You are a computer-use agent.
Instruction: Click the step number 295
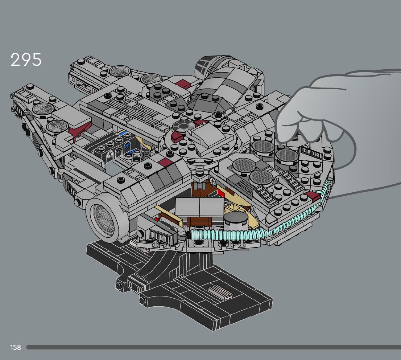(x=26, y=60)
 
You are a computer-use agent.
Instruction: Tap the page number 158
(x=16, y=347)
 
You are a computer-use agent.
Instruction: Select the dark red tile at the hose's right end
(x=312, y=197)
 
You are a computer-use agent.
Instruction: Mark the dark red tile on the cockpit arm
(x=164, y=162)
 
